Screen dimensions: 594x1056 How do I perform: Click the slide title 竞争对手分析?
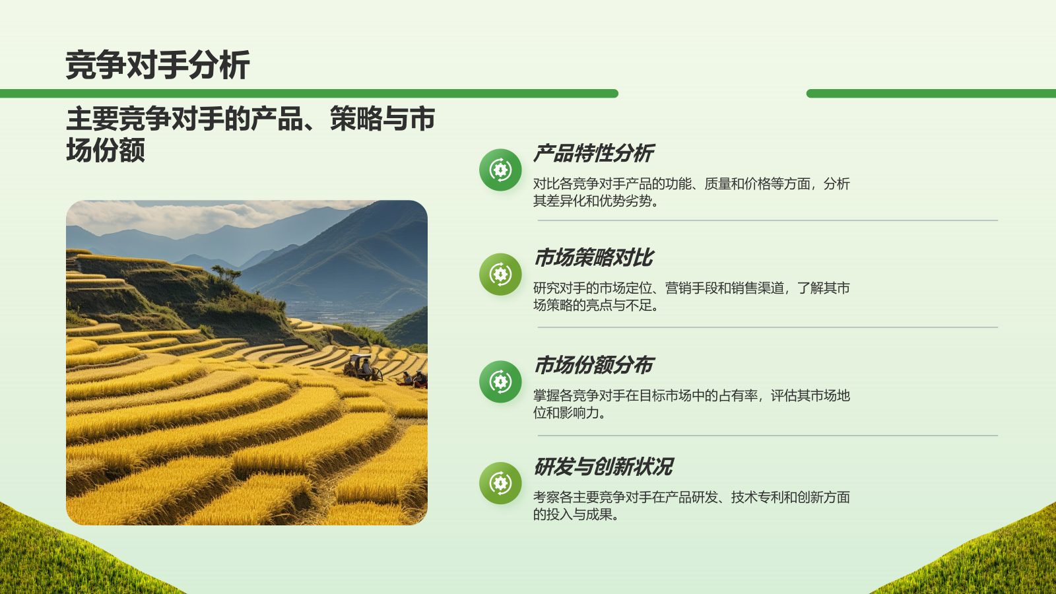(157, 65)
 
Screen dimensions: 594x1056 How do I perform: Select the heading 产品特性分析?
(593, 154)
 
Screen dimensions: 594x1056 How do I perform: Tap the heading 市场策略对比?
(593, 258)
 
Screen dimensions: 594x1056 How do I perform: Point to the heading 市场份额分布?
(593, 365)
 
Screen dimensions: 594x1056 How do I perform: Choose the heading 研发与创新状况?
(603, 467)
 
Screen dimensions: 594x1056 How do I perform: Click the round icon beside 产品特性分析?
(500, 170)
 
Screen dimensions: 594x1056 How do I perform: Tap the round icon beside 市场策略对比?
(500, 274)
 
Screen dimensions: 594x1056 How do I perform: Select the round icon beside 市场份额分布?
(500, 381)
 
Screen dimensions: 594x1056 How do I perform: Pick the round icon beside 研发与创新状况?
(500, 483)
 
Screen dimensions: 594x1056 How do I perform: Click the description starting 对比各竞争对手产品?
(691, 192)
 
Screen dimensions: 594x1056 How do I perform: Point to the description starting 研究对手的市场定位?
(691, 296)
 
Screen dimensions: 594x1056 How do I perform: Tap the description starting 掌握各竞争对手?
(691, 404)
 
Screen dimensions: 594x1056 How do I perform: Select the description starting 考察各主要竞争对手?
(691, 506)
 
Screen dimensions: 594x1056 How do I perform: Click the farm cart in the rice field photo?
(362, 367)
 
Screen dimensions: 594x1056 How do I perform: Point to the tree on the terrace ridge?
(226, 271)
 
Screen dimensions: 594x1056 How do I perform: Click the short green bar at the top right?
(931, 94)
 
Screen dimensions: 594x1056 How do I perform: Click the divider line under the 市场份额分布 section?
(768, 436)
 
